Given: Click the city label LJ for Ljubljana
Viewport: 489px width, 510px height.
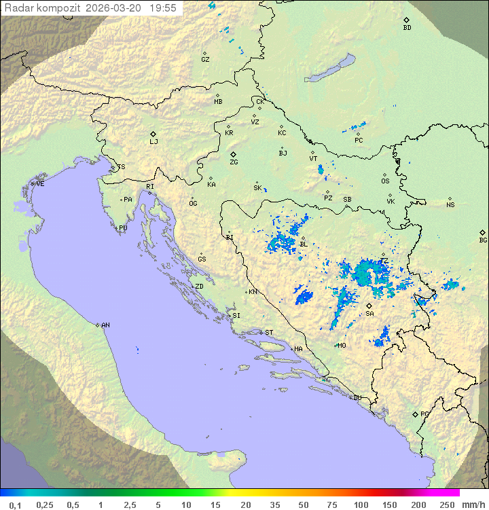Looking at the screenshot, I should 153,142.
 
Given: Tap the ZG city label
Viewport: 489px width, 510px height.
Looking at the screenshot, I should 234,162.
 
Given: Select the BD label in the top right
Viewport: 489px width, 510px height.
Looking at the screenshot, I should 407,28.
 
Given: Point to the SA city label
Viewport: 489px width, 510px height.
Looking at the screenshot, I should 369,314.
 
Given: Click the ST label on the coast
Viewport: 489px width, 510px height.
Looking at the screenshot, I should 269,333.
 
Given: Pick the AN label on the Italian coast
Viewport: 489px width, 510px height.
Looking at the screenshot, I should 105,325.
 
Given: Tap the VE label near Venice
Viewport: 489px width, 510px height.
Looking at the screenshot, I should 40,184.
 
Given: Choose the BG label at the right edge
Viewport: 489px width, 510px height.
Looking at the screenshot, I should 483,240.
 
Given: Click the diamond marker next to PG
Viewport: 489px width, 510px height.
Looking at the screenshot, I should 415,414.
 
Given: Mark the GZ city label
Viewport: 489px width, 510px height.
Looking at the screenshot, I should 205,60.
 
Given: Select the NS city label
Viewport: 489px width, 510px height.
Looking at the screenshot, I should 450,205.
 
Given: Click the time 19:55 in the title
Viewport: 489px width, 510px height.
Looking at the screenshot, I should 163,8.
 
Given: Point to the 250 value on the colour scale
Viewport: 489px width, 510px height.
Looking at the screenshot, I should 446,505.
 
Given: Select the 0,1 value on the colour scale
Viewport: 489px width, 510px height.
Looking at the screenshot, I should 15,505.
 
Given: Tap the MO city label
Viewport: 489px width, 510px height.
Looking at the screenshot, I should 342,346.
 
